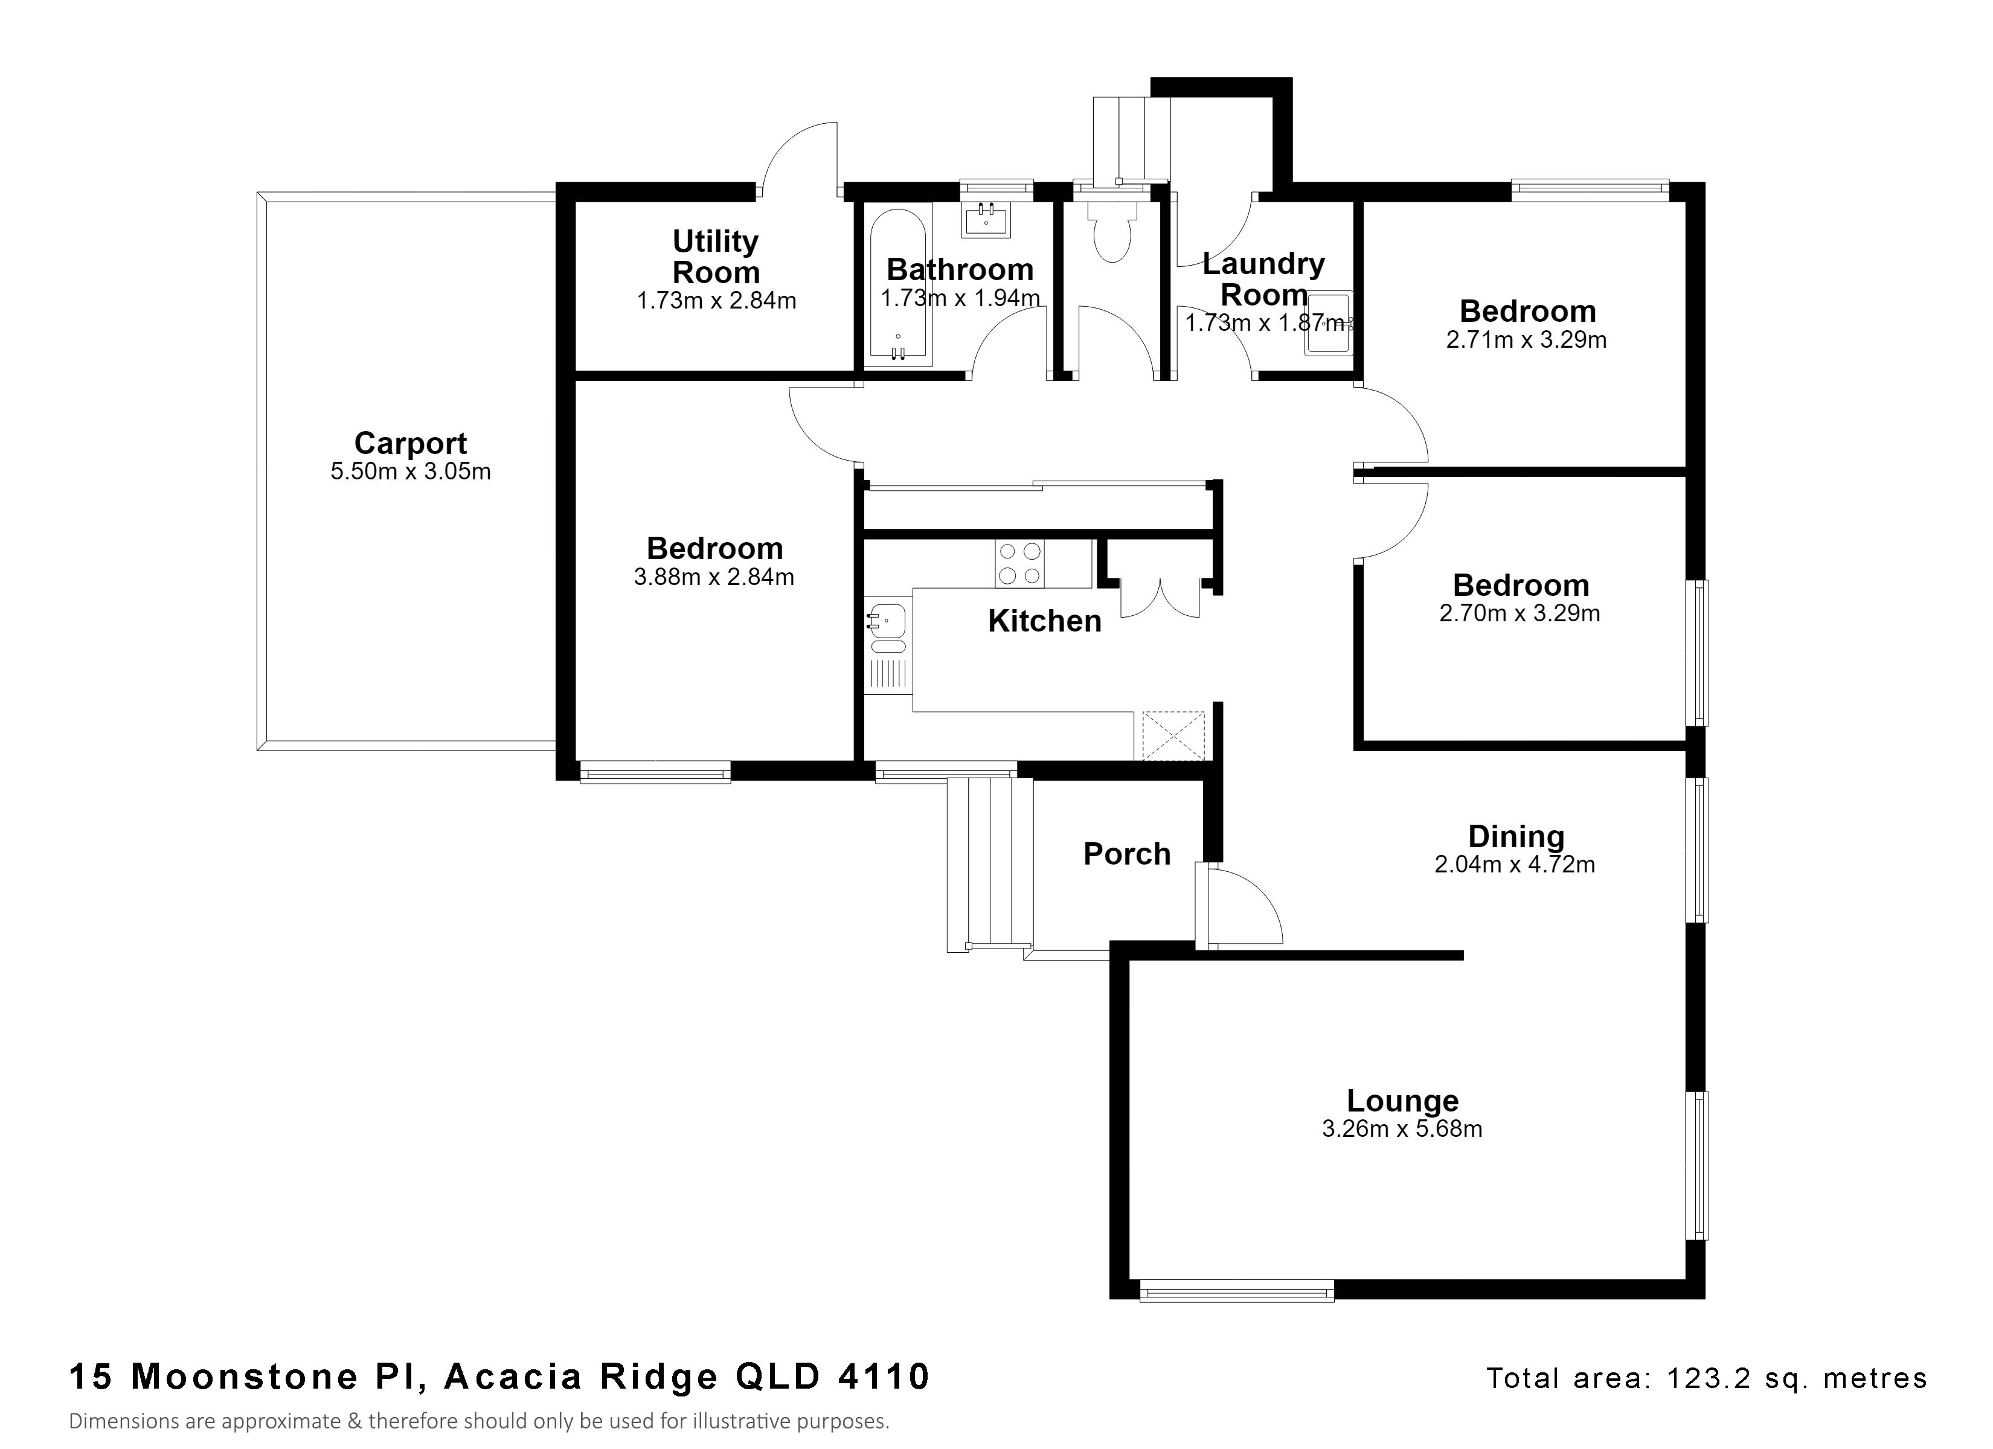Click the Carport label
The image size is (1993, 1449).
(x=410, y=444)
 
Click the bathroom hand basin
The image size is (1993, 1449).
(x=986, y=220)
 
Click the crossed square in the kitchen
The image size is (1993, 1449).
(x=1173, y=735)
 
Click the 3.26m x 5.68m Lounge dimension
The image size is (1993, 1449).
(x=1402, y=1129)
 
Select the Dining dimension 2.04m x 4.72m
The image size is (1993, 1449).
(x=1514, y=865)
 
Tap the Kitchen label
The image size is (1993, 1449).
(x=1044, y=621)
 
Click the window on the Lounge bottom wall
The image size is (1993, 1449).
(x=1236, y=1291)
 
